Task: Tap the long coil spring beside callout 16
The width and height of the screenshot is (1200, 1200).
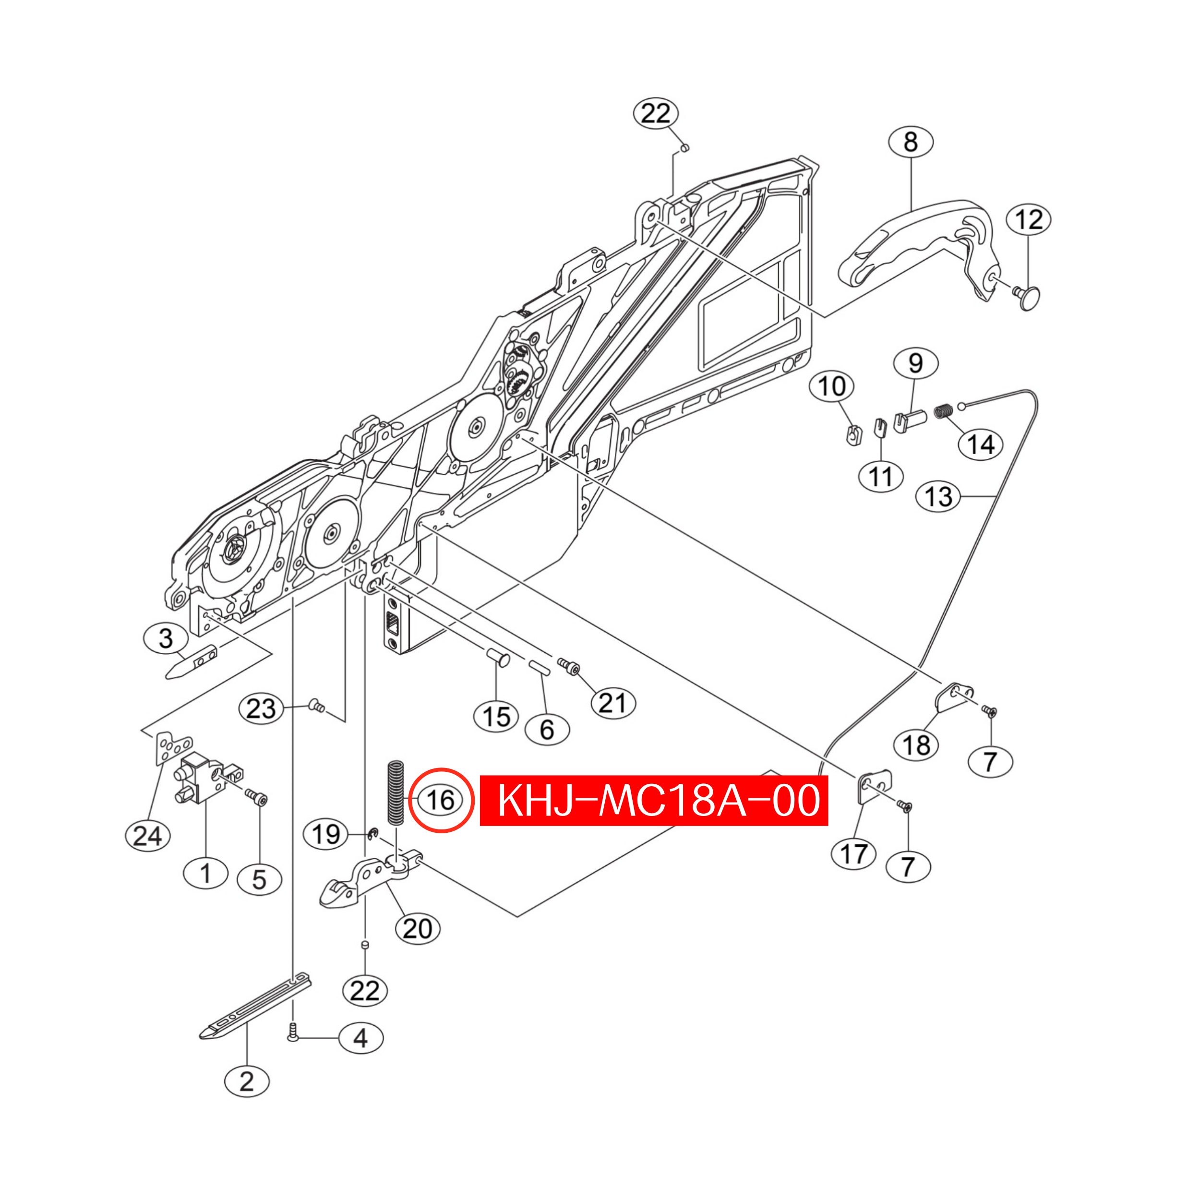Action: (x=395, y=792)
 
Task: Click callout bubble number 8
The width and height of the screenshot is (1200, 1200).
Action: (x=911, y=142)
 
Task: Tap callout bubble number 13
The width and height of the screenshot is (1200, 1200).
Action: (x=938, y=497)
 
